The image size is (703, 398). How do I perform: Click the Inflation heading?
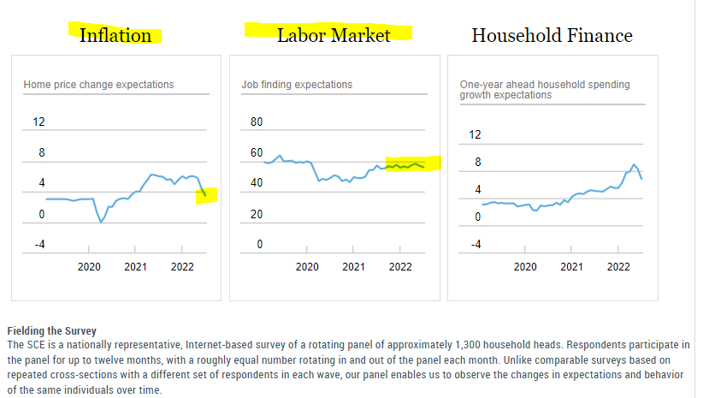pos(115,35)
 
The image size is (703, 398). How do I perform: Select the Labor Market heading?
pos(333,35)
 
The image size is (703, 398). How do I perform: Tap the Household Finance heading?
pos(552,35)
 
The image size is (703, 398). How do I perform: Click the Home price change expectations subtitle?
pos(98,85)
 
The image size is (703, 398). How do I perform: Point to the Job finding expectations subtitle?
pos(297,85)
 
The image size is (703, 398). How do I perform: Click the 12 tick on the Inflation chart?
pos(38,122)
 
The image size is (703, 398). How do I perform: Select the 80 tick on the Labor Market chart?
pos(257,122)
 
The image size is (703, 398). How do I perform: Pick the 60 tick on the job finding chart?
pos(257,153)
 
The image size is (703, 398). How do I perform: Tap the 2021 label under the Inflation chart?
pos(135,267)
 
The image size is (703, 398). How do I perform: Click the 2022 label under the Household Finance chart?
pos(618,267)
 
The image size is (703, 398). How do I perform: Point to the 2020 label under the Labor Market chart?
pos(307,267)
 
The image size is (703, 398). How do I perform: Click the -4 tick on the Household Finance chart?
pos(476,245)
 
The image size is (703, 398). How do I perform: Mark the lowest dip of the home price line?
pos(101,223)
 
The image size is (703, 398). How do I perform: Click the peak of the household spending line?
pos(634,164)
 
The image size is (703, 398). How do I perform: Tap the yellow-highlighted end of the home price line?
pos(206,195)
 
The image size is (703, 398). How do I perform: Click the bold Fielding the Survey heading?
pos(51,330)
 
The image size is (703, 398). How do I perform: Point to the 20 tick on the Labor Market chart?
pos(257,214)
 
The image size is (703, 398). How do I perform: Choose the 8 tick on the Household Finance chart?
pos(476,162)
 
